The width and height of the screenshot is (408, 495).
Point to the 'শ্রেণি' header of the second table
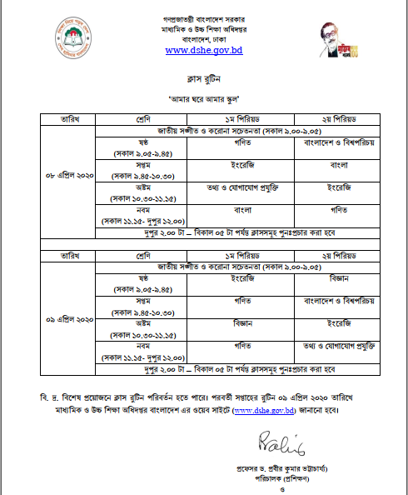pyautogui.click(x=142, y=252)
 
